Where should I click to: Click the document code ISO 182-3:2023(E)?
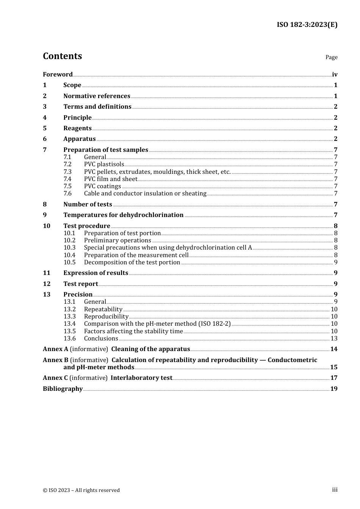[x=307, y=25]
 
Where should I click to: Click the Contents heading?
[x=62, y=56]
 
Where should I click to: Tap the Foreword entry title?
[x=58, y=74]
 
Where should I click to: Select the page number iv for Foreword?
[x=335, y=75]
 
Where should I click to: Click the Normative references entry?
[x=97, y=96]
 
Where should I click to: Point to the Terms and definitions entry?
[x=97, y=107]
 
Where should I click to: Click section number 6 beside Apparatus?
[x=45, y=139]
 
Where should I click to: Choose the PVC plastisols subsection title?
[x=104, y=164]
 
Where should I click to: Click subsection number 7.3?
[x=67, y=172]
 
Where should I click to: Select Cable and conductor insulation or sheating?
[x=145, y=194]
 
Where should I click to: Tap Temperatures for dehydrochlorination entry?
[x=123, y=215]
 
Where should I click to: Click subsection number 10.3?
[x=69, y=248]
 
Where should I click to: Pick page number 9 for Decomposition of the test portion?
[x=335, y=262]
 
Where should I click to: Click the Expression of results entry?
[x=95, y=273]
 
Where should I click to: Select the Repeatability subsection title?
[x=103, y=309]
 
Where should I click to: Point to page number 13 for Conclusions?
[x=334, y=339]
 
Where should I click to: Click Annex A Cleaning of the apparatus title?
[x=150, y=349]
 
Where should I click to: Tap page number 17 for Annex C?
[x=334, y=378]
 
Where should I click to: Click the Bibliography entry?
[x=63, y=389]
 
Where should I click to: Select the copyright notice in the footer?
[x=81, y=490]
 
